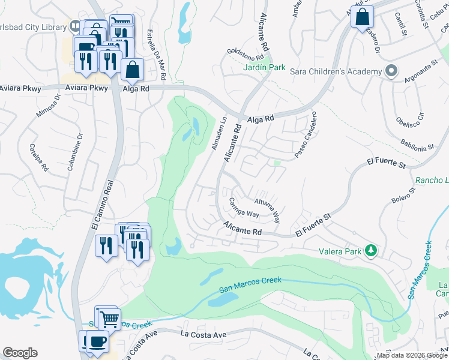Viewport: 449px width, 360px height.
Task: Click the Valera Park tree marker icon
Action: tap(372, 250)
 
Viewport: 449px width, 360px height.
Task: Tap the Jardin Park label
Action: tap(265, 68)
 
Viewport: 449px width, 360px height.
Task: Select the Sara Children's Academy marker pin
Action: tap(391, 71)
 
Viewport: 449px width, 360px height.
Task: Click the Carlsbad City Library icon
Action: tap(74, 26)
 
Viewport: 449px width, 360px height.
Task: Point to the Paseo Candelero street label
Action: tap(304, 136)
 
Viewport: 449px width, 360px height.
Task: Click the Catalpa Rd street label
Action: tap(37, 157)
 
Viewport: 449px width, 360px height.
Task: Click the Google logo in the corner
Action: tap(20, 352)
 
